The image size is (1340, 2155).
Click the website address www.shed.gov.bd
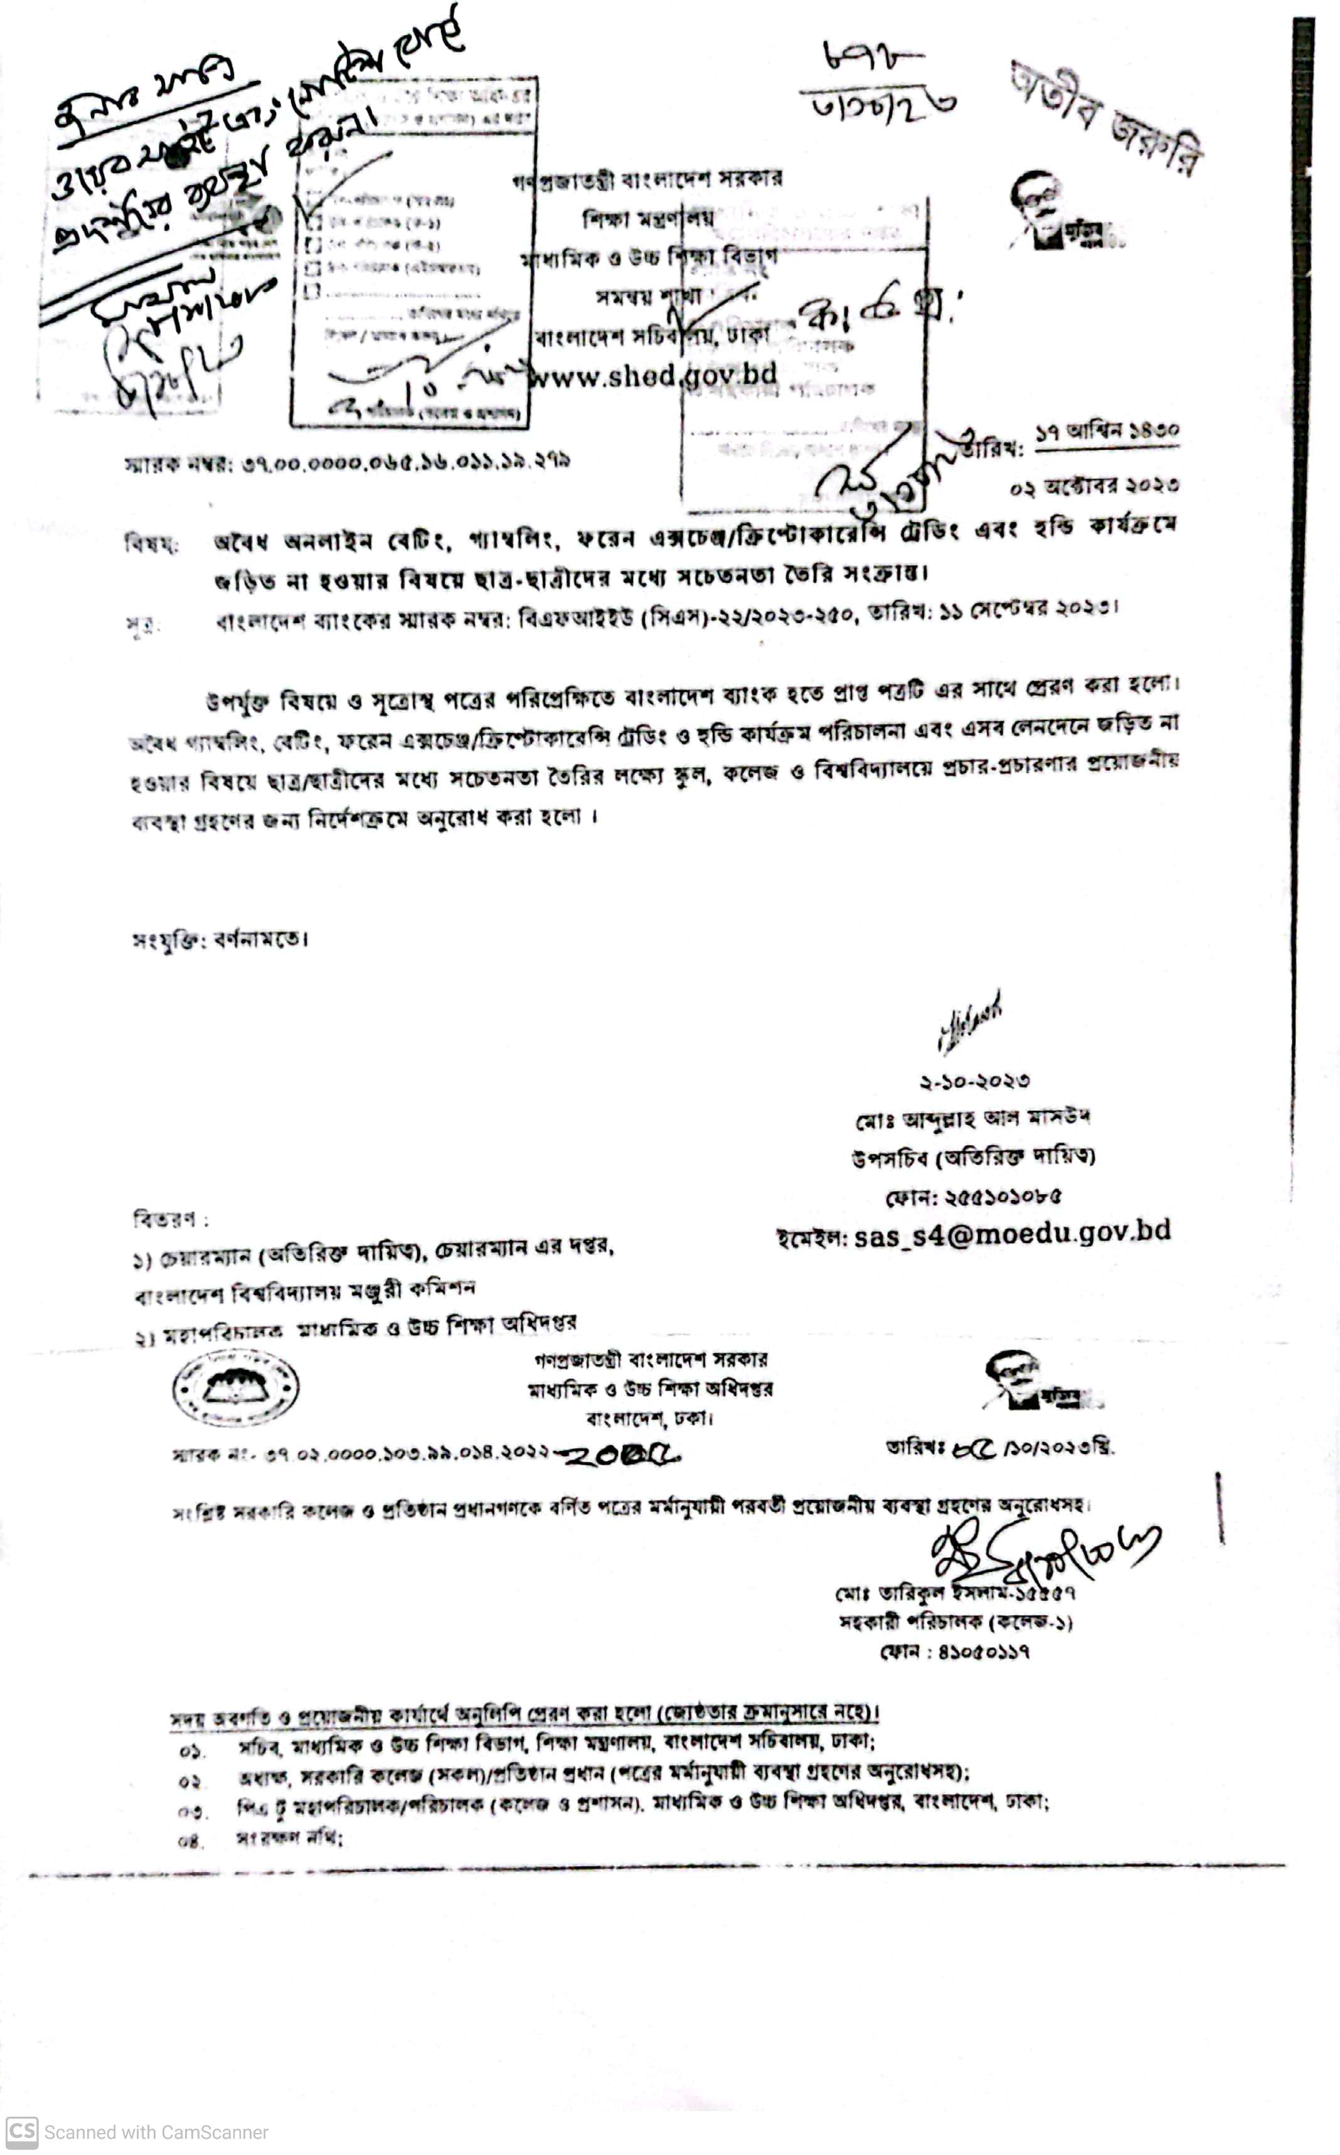point(653,375)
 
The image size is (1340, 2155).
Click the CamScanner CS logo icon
point(22,2131)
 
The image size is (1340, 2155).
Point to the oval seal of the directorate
point(235,1388)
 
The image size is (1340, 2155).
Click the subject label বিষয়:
point(151,543)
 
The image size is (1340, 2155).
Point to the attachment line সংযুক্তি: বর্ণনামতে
point(220,939)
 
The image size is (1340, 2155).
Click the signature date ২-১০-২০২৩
point(974,1081)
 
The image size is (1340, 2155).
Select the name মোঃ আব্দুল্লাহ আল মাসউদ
point(972,1119)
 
